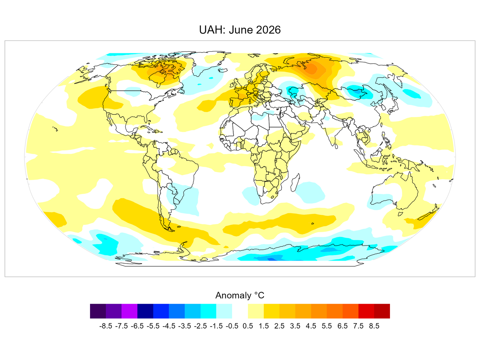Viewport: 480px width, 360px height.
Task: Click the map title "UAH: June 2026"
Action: [x=240, y=30]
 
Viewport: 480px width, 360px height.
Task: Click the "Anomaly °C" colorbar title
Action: [x=240, y=295]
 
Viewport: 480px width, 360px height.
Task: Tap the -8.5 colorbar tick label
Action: [x=106, y=326]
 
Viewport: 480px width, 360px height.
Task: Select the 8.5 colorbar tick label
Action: [x=374, y=326]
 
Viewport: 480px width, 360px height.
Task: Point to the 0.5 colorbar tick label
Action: [x=248, y=326]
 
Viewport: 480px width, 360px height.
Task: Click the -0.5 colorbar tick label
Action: [x=232, y=326]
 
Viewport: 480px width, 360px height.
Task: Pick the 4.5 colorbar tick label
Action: [x=311, y=326]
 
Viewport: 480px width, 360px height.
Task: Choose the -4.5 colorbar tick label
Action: [x=169, y=326]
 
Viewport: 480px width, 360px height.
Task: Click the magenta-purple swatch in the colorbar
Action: [x=129, y=311]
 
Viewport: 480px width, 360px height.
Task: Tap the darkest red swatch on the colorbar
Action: [x=382, y=311]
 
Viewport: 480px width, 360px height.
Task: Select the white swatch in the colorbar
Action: [x=240, y=311]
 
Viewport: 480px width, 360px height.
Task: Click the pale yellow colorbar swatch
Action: [x=256, y=311]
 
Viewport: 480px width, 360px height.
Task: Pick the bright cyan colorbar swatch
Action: [x=208, y=311]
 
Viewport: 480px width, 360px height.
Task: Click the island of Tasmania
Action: [x=400, y=213]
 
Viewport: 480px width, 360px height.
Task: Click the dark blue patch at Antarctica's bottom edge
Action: [x=271, y=259]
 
